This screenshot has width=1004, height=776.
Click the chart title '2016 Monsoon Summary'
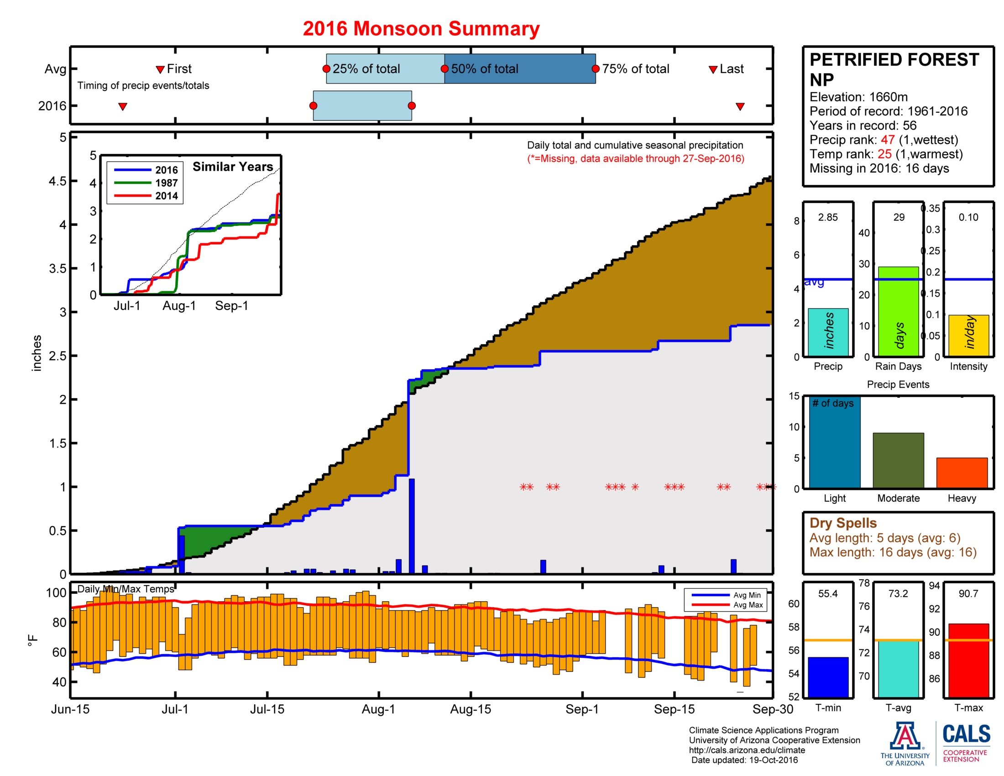click(x=421, y=28)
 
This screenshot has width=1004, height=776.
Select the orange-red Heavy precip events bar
click(x=962, y=472)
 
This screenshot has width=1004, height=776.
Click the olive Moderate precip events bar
click(x=898, y=460)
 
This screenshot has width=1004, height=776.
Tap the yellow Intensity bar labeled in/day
click(x=968, y=335)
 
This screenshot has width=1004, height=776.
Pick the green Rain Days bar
click(x=898, y=311)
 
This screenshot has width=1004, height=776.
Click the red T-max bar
click(x=968, y=660)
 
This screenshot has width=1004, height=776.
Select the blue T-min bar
click(x=827, y=676)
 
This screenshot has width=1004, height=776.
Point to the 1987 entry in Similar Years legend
click(x=166, y=183)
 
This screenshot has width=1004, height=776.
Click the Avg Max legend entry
click(x=748, y=605)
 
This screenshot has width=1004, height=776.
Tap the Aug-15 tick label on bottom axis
click(x=470, y=709)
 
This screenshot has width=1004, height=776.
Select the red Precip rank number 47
click(x=887, y=140)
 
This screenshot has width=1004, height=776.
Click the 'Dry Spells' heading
click(x=842, y=523)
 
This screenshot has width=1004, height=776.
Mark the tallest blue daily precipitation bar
click(x=412, y=526)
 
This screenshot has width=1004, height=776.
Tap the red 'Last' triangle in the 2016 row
click(x=740, y=107)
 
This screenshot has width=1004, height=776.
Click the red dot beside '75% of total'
click(x=595, y=69)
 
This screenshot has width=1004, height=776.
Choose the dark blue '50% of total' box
click(x=519, y=69)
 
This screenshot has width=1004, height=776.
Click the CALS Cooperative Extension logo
click(x=966, y=742)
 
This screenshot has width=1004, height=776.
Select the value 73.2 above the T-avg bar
click(x=898, y=593)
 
